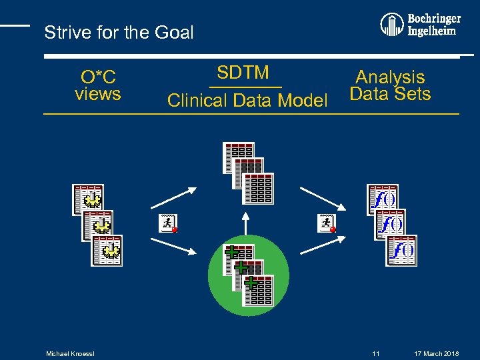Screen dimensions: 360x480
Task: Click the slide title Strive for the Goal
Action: pyautogui.click(x=119, y=32)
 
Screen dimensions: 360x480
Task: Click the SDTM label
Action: pyautogui.click(x=243, y=72)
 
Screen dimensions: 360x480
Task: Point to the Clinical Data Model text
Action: pyautogui.click(x=247, y=101)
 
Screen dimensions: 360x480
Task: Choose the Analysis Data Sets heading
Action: pyautogui.click(x=390, y=86)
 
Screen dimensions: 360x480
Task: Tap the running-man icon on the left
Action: pyautogui.click(x=168, y=223)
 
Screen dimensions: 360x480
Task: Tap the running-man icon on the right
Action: pyautogui.click(x=326, y=223)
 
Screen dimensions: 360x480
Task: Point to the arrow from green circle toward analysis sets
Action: pyautogui.click(x=321, y=245)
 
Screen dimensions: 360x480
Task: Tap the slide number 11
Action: pyautogui.click(x=376, y=353)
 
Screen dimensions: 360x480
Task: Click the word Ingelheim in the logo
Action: pyautogui.click(x=432, y=31)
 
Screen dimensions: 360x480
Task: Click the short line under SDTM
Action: pyautogui.click(x=245, y=87)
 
